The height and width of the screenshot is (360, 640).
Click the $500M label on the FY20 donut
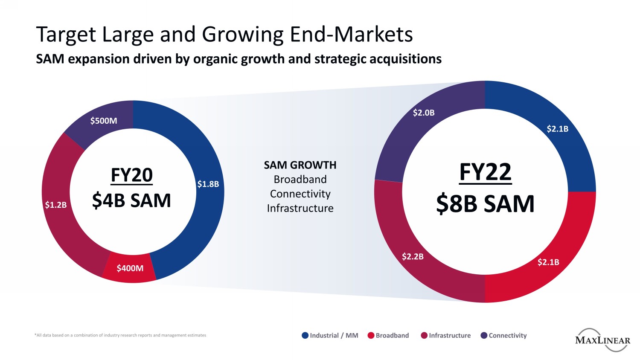(x=104, y=121)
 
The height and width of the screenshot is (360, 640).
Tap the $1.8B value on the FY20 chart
(x=208, y=184)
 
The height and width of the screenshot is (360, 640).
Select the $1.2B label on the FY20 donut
(x=56, y=205)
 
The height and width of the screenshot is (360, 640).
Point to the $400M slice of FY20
(x=130, y=268)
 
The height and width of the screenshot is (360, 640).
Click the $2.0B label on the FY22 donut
(x=424, y=113)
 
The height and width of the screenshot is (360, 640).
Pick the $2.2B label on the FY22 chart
(x=413, y=256)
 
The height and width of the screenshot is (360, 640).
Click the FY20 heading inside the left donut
(x=131, y=175)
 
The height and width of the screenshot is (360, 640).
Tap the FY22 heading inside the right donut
(x=485, y=172)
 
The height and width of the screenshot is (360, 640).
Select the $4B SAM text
(x=131, y=200)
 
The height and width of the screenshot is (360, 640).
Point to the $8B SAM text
(x=485, y=204)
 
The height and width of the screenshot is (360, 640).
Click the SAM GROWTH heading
(x=300, y=165)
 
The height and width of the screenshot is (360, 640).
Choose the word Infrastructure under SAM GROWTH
(x=300, y=208)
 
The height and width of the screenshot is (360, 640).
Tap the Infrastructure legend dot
(x=424, y=335)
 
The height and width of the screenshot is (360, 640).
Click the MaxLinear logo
(x=602, y=340)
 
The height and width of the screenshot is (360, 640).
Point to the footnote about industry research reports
(x=120, y=335)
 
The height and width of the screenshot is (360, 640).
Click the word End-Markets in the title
(x=351, y=35)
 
